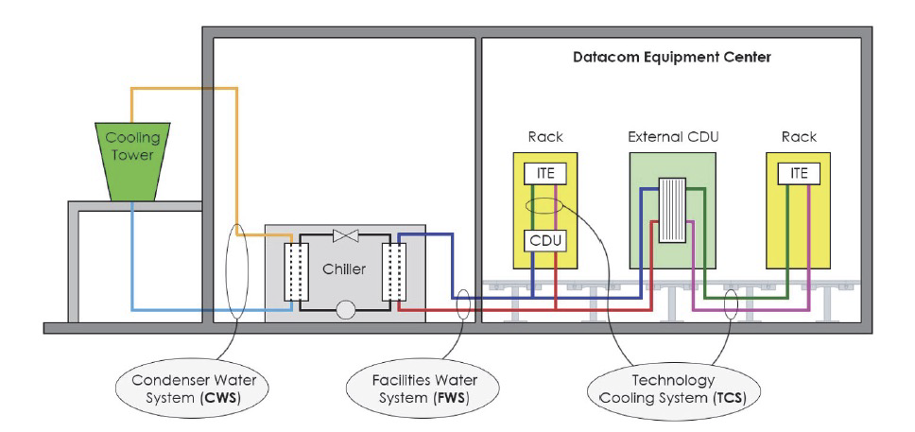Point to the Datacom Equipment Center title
(x=672, y=58)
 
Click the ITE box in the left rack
(x=546, y=174)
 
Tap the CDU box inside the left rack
(x=546, y=242)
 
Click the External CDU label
(x=673, y=136)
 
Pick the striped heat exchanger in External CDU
(x=673, y=209)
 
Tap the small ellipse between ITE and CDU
(x=546, y=206)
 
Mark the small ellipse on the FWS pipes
(x=463, y=305)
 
